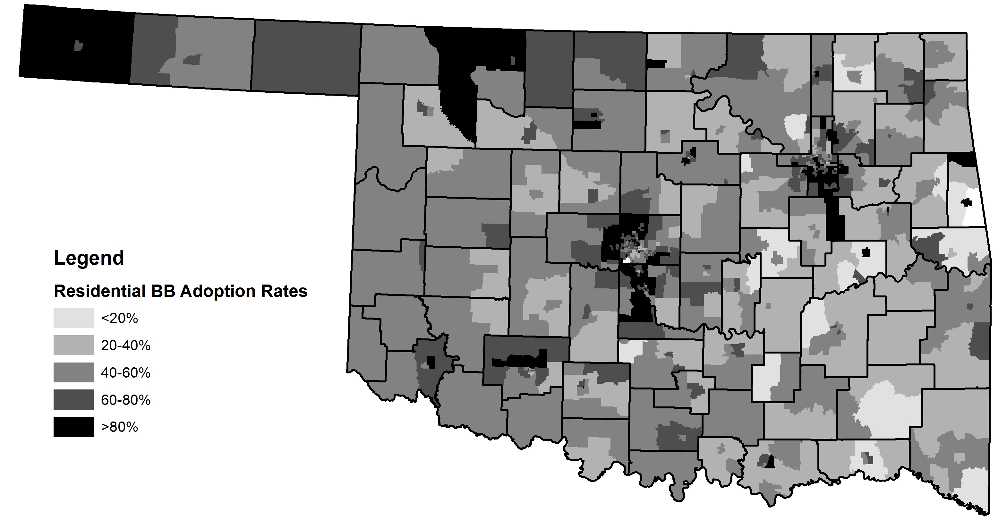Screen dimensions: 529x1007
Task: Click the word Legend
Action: click(x=89, y=258)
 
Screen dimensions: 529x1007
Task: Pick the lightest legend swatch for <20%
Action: click(x=73, y=318)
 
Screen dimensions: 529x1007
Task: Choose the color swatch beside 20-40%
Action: click(x=73, y=345)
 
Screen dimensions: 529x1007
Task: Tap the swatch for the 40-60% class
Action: click(x=73, y=372)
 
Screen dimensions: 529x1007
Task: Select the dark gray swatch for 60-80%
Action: click(x=73, y=400)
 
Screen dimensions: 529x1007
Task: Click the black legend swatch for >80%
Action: click(x=73, y=427)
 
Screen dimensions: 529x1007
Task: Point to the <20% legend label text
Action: click(x=119, y=318)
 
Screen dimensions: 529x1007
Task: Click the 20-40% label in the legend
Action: click(x=125, y=346)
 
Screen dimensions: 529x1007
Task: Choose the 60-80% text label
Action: click(x=125, y=400)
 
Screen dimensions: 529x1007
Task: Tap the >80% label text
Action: click(x=119, y=427)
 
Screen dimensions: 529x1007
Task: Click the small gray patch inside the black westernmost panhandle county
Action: click(x=79, y=46)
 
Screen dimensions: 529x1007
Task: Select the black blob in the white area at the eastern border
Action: click(x=967, y=202)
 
